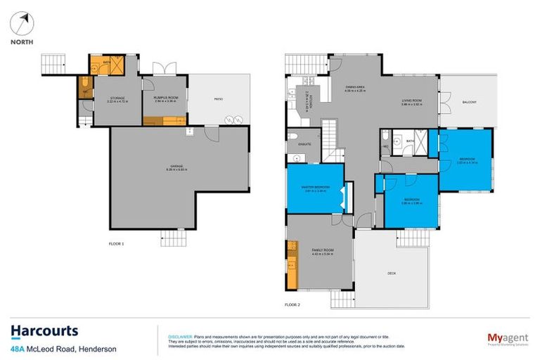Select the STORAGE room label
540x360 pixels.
(115, 99)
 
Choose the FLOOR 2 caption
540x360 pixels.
(292, 304)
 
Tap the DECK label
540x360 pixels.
(392, 273)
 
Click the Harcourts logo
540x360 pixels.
(44, 332)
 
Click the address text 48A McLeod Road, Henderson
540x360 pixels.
(63, 349)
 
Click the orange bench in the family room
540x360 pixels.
(292, 264)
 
